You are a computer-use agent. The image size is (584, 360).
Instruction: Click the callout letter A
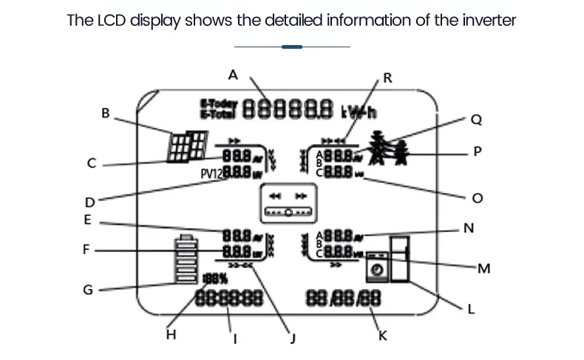tap(234, 75)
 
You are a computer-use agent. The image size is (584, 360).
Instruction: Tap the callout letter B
tap(106, 114)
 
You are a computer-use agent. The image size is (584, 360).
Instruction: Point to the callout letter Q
tap(476, 118)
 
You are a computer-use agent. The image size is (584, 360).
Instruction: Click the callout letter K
tap(382, 336)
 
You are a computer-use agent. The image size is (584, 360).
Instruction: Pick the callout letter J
tap(293, 339)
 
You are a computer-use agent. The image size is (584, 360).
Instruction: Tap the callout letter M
tap(483, 268)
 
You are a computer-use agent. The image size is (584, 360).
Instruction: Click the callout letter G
tap(88, 289)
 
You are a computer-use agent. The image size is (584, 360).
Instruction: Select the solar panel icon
tap(187, 146)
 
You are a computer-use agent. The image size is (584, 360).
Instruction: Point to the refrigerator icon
tap(399, 259)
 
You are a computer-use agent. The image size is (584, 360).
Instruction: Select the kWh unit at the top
tap(358, 111)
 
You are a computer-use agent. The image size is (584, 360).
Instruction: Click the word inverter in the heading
tap(486, 20)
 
